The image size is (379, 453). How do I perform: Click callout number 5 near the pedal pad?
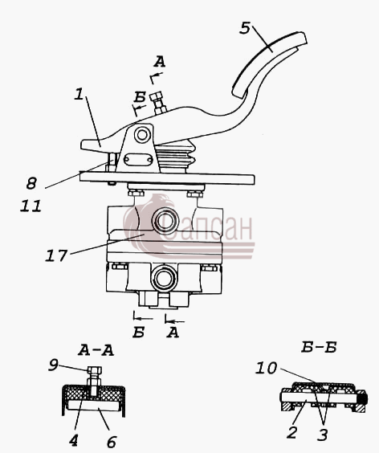click(245, 28)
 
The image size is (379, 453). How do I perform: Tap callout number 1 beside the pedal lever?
click(79, 94)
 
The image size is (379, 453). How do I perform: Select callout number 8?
click(31, 183)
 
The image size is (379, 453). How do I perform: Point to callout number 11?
click(31, 206)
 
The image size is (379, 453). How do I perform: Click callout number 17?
click(56, 255)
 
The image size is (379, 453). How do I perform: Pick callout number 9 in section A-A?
click(54, 365)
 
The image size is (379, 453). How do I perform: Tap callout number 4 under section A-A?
click(74, 440)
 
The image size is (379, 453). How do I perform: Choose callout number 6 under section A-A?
click(112, 442)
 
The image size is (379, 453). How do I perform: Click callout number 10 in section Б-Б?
click(266, 368)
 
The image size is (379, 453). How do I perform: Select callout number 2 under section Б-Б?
click(292, 432)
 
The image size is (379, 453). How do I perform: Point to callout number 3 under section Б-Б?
click(322, 435)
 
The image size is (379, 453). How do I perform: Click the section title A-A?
click(96, 350)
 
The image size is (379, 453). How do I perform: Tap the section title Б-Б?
click(319, 347)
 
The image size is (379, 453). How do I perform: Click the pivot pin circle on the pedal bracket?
click(142, 135)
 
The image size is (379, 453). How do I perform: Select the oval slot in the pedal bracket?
click(138, 160)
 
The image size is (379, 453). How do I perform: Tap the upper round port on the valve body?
click(165, 222)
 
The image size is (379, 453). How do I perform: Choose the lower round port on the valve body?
click(165, 279)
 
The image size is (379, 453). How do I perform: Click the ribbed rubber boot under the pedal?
click(176, 157)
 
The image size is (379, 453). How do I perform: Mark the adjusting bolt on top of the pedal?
click(159, 103)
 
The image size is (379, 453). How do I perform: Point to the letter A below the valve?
click(173, 333)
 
